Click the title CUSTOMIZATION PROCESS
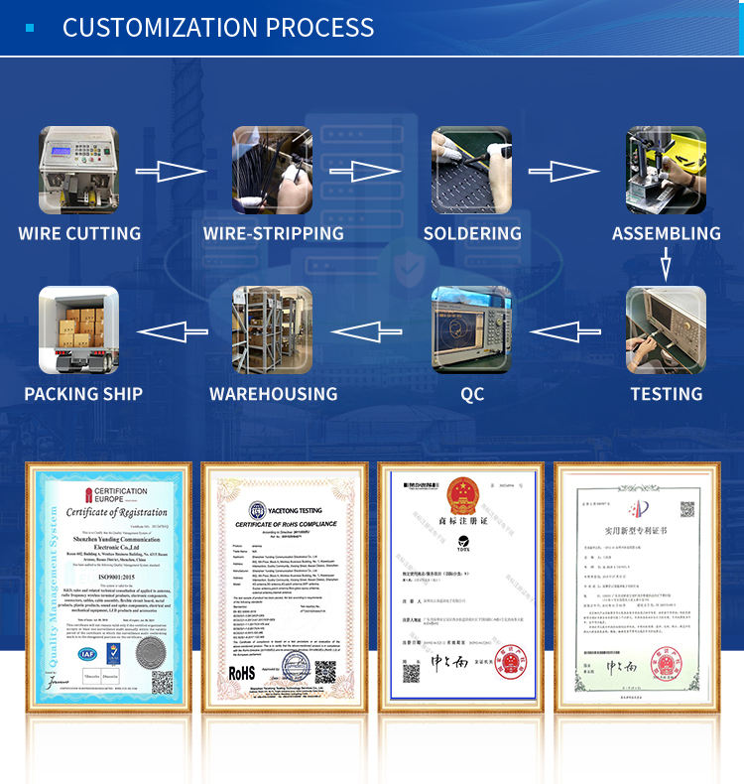[x=218, y=27]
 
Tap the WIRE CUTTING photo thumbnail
[x=78, y=171]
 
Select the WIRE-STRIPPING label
[x=273, y=234]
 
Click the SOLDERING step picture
[x=471, y=171]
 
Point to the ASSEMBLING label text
[x=666, y=234]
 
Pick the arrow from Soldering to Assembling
[x=562, y=172]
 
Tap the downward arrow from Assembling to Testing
[x=666, y=264]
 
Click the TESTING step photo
[x=666, y=329]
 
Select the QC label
[x=472, y=394]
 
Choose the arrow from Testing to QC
[x=566, y=330]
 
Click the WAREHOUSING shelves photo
[x=273, y=329]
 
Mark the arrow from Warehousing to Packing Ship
[x=172, y=330]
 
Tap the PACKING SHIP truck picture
[x=78, y=329]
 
